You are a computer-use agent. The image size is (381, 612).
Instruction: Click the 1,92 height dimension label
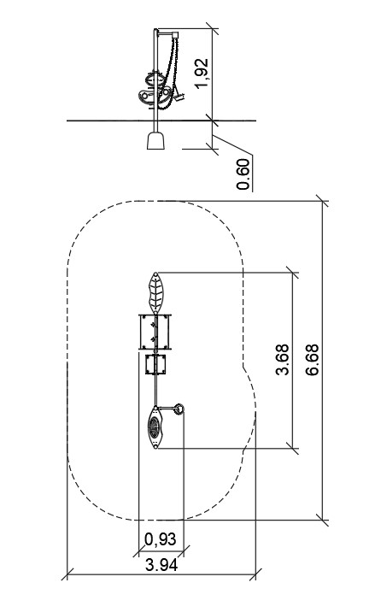pyautogui.click(x=202, y=73)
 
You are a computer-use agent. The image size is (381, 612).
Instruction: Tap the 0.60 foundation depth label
pyautogui.click(x=243, y=174)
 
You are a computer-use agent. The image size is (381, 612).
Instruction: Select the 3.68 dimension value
pyautogui.click(x=283, y=360)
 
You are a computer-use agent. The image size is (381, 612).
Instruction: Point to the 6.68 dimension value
pyautogui.click(x=312, y=360)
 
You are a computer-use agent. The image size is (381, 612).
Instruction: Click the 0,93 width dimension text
pyautogui.click(x=161, y=539)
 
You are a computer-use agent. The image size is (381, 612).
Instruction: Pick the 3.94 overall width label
pyautogui.click(x=161, y=565)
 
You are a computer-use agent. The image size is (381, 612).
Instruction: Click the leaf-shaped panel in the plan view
pyautogui.click(x=156, y=293)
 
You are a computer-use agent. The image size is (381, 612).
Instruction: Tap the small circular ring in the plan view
pyautogui.click(x=179, y=409)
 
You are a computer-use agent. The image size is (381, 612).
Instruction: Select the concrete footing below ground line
pyautogui.click(x=155, y=140)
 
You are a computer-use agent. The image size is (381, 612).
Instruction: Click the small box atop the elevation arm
pyautogui.click(x=175, y=35)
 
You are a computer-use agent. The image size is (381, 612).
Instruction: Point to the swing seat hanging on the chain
pyautogui.click(x=179, y=96)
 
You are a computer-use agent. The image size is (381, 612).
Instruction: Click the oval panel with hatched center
pyautogui.click(x=155, y=427)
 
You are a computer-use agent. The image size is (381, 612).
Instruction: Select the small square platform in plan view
pyautogui.click(x=155, y=364)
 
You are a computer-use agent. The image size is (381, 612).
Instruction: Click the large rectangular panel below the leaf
pyautogui.click(x=155, y=332)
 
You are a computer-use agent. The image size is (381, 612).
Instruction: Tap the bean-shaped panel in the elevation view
pyautogui.click(x=155, y=94)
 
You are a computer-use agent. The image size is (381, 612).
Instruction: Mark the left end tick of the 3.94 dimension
pyautogui.click(x=67, y=574)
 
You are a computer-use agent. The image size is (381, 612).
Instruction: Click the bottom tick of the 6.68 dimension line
pyautogui.click(x=323, y=520)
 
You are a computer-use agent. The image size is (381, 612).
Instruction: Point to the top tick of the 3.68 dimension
pyautogui.click(x=292, y=273)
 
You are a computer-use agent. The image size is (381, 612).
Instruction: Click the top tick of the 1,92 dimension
pyautogui.click(x=213, y=28)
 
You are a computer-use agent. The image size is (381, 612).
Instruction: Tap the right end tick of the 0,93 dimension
pyautogui.click(x=184, y=551)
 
